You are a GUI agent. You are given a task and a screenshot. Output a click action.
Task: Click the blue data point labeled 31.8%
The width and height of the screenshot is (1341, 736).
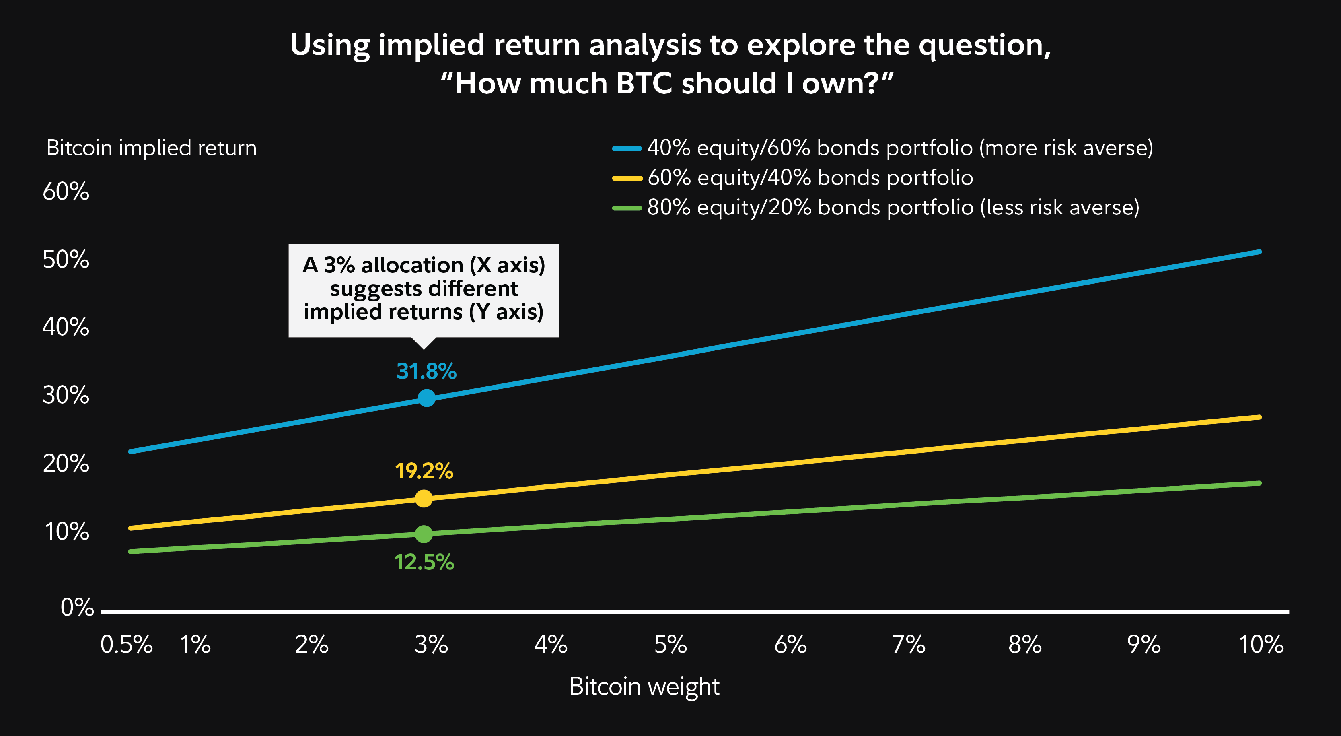click(426, 398)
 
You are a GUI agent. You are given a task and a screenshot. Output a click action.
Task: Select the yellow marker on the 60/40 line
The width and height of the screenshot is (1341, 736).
click(424, 499)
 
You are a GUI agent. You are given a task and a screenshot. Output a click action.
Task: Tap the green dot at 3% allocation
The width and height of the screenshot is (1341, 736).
click(424, 533)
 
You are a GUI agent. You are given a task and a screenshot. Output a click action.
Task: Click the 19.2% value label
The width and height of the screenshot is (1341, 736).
click(424, 471)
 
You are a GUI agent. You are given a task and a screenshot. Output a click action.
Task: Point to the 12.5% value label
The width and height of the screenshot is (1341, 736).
click(424, 562)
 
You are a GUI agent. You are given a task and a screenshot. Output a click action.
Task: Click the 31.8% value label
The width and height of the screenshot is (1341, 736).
click(426, 371)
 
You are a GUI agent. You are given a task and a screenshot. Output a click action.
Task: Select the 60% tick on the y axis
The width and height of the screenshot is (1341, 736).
click(66, 191)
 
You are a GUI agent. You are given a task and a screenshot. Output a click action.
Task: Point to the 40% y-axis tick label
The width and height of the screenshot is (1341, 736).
click(66, 327)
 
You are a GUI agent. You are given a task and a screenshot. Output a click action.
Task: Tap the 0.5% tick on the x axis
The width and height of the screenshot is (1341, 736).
click(127, 645)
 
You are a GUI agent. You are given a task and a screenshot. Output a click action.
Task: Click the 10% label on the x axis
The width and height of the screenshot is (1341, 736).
click(1261, 645)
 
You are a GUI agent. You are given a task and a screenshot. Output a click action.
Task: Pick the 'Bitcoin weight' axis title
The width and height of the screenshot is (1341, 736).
click(644, 686)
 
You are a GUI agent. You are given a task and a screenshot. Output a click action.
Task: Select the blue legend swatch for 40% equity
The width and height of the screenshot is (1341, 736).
click(627, 148)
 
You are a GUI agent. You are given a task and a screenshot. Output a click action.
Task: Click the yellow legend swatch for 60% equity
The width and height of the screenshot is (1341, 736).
click(627, 178)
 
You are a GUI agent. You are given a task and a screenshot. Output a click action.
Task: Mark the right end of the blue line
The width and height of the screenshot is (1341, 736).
click(1259, 252)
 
